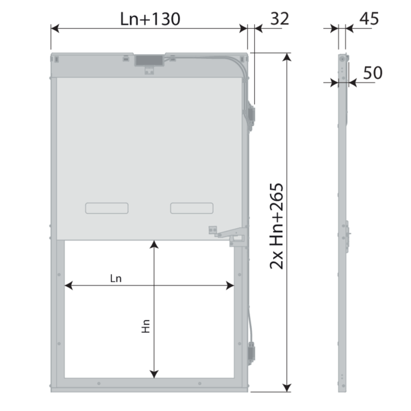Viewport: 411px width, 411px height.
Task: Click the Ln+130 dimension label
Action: [150, 19]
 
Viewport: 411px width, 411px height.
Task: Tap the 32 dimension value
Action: [279, 18]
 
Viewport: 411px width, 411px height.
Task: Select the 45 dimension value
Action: [369, 18]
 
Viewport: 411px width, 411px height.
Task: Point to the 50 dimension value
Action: [373, 73]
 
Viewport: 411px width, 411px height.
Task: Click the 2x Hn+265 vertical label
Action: [277, 226]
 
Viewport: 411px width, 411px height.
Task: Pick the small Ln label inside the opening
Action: [116, 278]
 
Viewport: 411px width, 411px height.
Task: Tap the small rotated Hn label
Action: [146, 326]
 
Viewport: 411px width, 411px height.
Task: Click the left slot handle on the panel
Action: [107, 208]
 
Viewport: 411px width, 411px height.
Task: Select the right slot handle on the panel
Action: [192, 208]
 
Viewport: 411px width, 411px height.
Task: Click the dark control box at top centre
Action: [149, 60]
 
